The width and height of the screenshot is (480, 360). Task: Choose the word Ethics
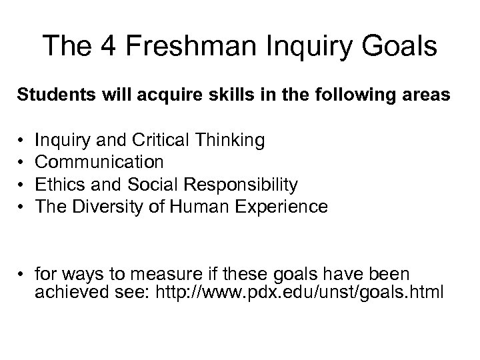coord(57,185)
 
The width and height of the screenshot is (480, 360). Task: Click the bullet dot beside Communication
coord(21,162)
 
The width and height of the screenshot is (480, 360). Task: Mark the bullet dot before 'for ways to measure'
coord(21,274)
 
